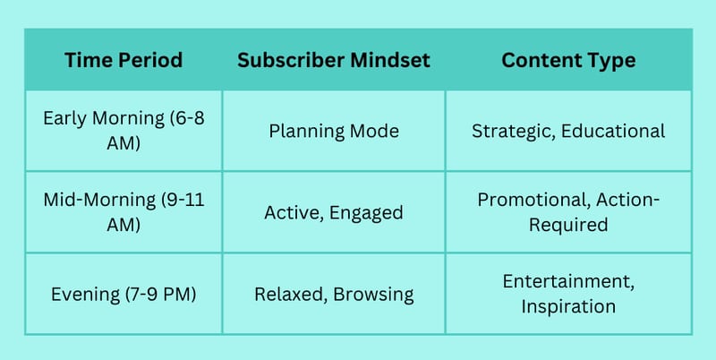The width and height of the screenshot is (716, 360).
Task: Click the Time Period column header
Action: point(124,60)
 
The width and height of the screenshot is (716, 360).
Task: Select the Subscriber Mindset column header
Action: point(334,60)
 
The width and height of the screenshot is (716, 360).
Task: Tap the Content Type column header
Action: point(568,60)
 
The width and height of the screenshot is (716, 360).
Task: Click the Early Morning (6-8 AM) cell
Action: point(124,131)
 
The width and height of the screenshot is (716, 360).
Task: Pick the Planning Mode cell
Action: point(334,131)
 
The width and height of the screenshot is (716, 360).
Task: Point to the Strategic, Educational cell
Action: point(568,131)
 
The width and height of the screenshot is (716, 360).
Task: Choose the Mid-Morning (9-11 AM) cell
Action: point(124,212)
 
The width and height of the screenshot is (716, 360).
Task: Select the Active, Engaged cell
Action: point(334,212)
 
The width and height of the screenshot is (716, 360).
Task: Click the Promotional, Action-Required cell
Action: point(568,212)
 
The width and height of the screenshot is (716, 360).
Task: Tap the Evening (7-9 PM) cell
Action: point(124,294)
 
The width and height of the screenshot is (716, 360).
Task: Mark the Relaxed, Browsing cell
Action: point(334,294)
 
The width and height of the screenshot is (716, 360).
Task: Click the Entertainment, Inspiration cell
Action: point(568,294)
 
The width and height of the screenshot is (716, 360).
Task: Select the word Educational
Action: point(613,131)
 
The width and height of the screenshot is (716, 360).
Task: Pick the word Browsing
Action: point(373,295)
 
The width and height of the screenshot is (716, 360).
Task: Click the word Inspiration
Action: point(568,306)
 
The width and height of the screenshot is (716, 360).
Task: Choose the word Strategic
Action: point(513,132)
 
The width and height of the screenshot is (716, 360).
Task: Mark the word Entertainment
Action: point(568,281)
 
